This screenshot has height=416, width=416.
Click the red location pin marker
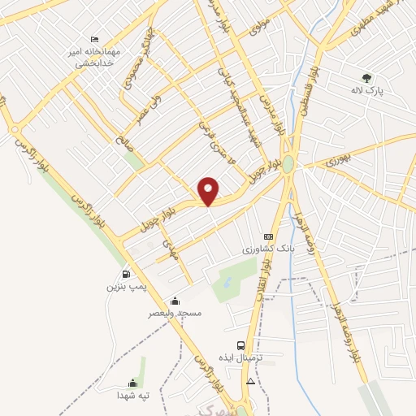point(209,191)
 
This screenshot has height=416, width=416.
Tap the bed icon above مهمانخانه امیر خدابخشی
point(95,39)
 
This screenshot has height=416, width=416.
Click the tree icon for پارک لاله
point(367,79)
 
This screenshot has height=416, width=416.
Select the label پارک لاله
point(367,91)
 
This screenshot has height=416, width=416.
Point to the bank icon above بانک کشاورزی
point(268,236)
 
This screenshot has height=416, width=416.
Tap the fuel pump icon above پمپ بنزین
point(125,274)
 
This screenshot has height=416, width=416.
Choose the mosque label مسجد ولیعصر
point(174,313)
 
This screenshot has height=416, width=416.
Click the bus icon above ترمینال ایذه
point(240,345)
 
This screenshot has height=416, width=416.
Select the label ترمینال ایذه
point(240,357)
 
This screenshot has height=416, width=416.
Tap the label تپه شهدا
point(132,395)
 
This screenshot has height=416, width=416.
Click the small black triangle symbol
point(251,381)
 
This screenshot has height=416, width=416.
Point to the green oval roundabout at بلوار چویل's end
point(288,163)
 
